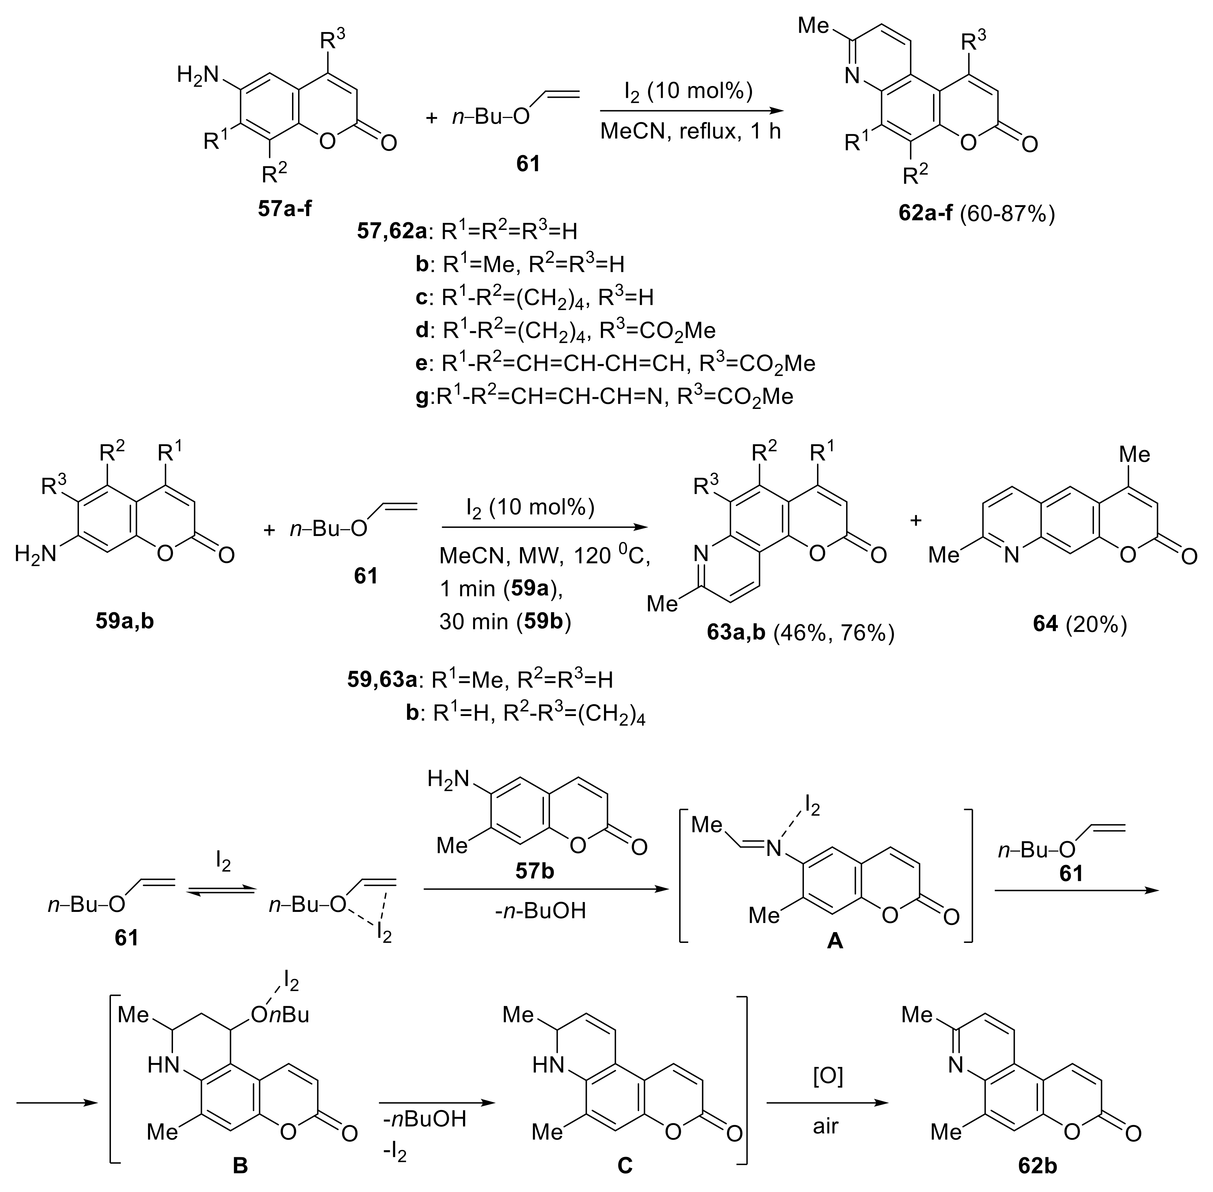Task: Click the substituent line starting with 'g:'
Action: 604,397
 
